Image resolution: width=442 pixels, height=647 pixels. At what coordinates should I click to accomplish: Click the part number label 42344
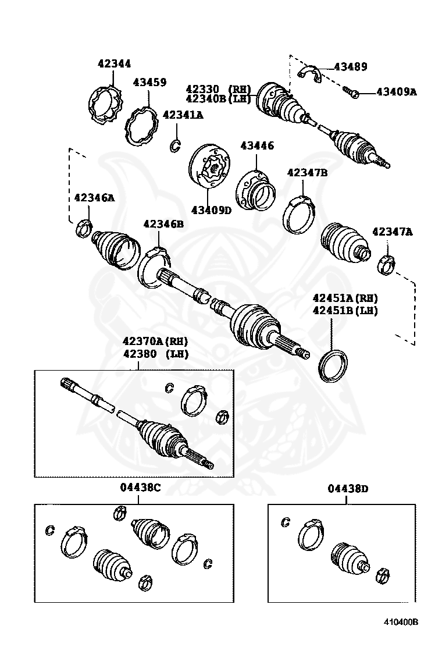[115, 64]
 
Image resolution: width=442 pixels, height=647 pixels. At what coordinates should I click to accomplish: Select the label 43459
[149, 83]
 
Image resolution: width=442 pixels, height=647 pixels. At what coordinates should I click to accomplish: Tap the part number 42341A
[183, 115]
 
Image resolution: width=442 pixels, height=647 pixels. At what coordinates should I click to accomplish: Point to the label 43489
[350, 67]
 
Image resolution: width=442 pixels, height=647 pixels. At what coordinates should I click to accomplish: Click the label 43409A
[397, 91]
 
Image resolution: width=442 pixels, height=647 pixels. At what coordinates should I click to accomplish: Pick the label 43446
[258, 145]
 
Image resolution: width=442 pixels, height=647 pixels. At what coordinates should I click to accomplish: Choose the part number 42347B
[307, 172]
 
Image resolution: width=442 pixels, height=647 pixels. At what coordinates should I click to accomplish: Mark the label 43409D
[211, 210]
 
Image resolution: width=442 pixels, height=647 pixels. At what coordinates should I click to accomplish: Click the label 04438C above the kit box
[140, 488]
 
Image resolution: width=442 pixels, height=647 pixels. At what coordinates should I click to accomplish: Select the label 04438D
[348, 489]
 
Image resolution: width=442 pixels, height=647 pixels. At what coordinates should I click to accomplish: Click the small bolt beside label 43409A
[351, 91]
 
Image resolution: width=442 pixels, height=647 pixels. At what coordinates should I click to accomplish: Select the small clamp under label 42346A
[84, 227]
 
